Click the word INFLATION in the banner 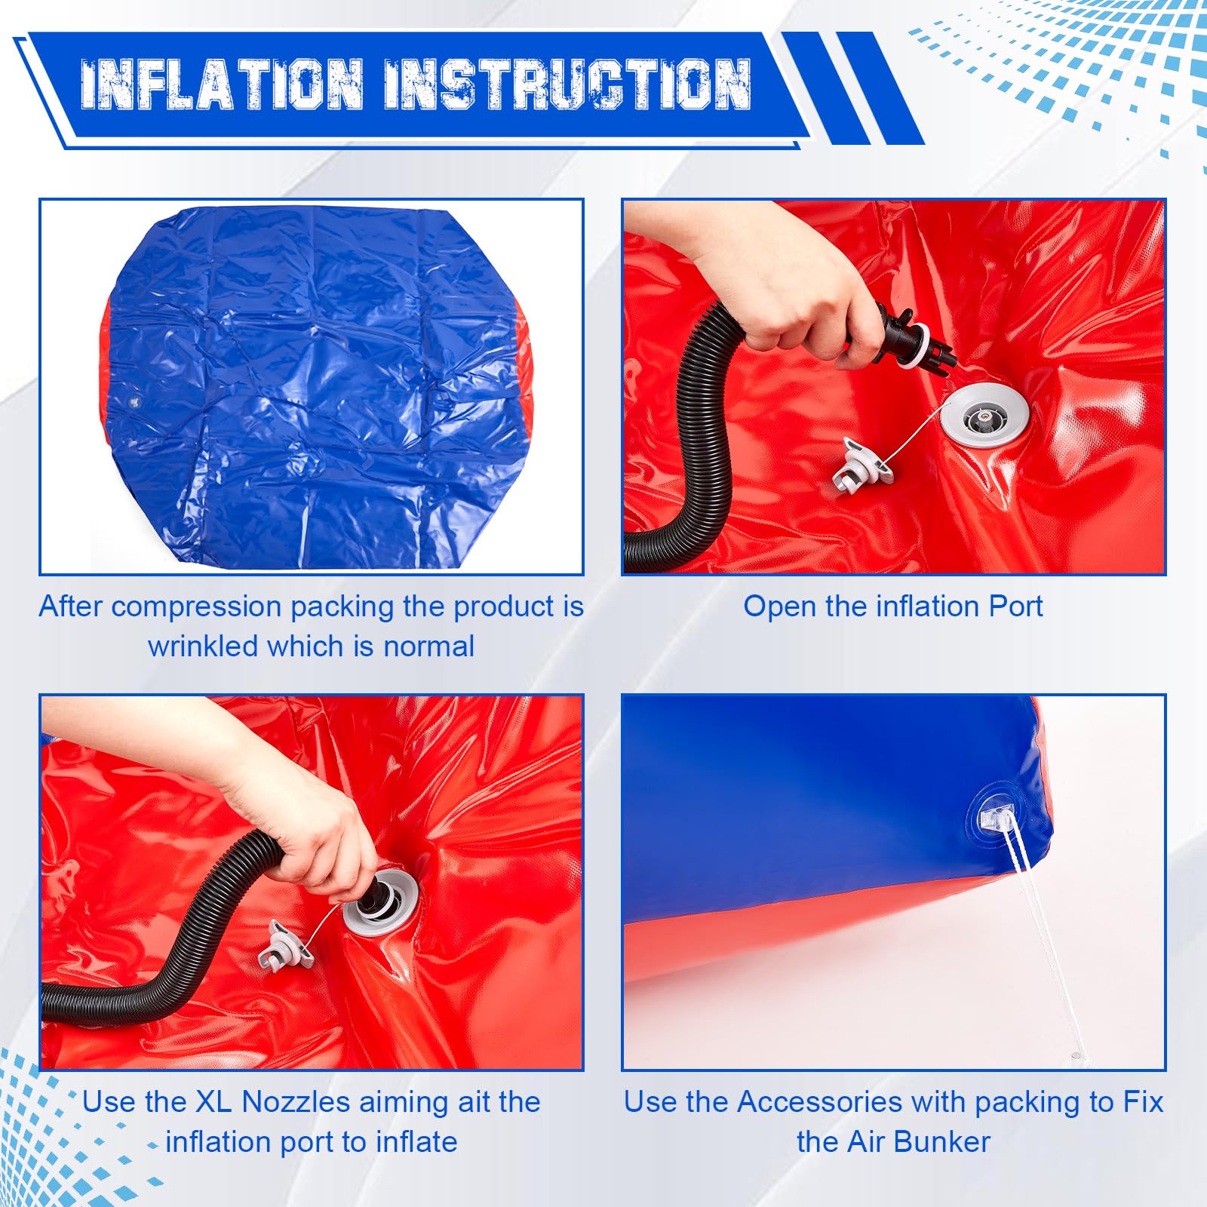pos(222,84)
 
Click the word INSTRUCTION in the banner pos(567,84)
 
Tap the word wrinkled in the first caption pos(203,646)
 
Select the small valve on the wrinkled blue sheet pos(136,401)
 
